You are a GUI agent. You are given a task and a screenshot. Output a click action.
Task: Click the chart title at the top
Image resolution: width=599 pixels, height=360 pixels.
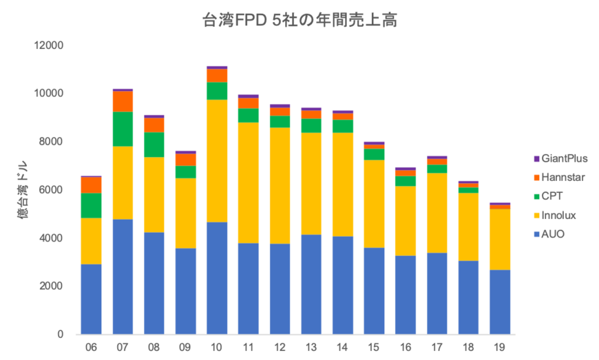coord(299,20)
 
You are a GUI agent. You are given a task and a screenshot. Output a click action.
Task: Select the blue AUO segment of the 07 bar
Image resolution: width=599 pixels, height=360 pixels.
coord(123,275)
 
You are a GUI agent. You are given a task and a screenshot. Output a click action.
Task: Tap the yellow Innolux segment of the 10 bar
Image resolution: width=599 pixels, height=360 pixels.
coord(217,160)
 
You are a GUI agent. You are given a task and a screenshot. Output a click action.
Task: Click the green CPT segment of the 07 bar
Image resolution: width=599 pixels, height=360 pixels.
coord(123,129)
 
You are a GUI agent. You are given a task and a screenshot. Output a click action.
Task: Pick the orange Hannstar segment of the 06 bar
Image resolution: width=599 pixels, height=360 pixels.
coord(92,184)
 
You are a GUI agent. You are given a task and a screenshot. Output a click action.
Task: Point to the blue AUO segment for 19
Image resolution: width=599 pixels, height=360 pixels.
coord(500,301)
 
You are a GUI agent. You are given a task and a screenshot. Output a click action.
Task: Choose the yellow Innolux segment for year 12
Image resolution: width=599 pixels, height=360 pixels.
coord(280,185)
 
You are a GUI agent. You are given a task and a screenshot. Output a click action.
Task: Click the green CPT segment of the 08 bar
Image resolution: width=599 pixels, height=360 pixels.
coord(154,145)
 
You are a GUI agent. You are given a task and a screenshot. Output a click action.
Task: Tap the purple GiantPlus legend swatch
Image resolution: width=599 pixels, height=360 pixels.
coord(536,158)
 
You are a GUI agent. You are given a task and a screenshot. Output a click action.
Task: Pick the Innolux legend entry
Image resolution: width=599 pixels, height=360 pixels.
coord(558,215)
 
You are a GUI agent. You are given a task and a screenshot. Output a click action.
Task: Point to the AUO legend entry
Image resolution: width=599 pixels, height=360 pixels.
coord(553,235)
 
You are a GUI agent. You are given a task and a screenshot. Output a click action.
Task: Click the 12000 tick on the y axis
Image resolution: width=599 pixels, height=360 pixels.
coord(50,45)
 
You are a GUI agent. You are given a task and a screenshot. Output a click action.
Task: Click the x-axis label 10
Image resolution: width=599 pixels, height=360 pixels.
coord(217,348)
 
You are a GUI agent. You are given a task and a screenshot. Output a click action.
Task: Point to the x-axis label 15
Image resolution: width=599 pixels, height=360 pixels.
coord(374,348)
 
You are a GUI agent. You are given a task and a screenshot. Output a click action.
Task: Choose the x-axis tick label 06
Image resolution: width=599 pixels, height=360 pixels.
coord(92,348)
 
